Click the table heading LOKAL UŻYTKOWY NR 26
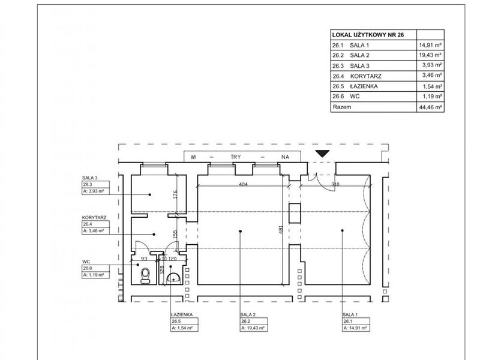(368, 35)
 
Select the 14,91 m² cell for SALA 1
(430, 46)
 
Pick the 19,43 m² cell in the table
(430, 55)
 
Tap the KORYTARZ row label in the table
(366, 76)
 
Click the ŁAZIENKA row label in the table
(364, 86)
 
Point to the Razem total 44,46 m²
(430, 107)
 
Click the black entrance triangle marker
(322, 154)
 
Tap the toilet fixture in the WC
(145, 275)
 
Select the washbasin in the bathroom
(173, 277)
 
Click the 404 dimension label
(243, 184)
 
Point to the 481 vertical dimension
(281, 230)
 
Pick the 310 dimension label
(335, 184)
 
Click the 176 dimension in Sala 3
(175, 194)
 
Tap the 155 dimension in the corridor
(175, 235)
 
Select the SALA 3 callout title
(89, 178)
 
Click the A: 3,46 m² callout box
(95, 231)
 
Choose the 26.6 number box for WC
(95, 268)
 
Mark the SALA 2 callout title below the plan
(248, 314)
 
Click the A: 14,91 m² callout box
(356, 328)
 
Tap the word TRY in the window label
(236, 157)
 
